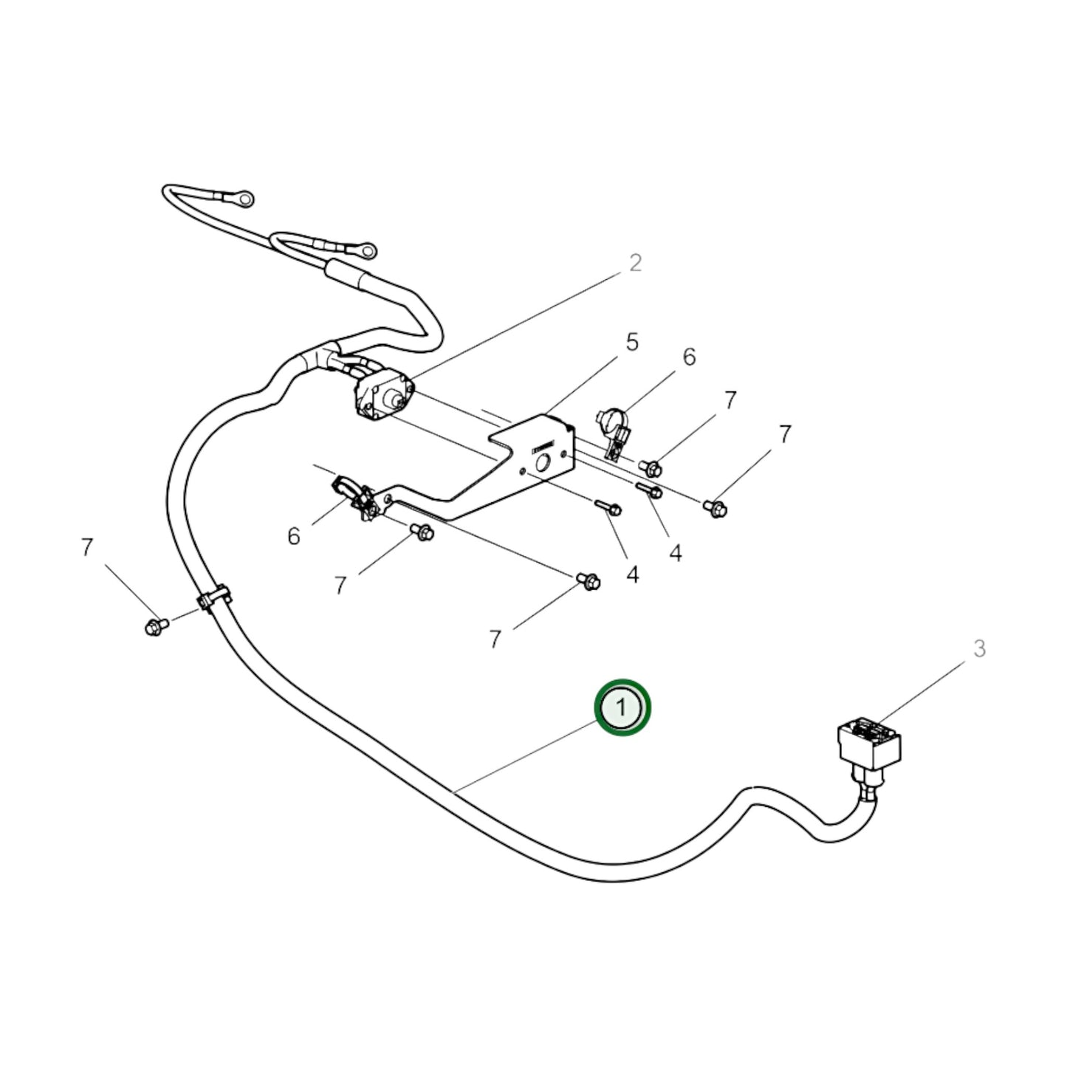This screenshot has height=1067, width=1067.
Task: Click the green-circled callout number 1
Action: click(x=622, y=707)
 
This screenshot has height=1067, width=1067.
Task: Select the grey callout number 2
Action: click(x=635, y=263)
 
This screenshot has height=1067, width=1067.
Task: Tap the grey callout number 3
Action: click(x=978, y=649)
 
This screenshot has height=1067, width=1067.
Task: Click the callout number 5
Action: click(x=631, y=343)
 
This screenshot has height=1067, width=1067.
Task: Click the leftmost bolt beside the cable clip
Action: click(x=155, y=627)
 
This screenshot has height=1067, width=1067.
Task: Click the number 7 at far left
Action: click(x=87, y=548)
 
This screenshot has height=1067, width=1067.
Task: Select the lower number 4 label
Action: click(x=632, y=574)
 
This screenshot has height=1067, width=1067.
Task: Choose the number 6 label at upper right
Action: click(x=689, y=357)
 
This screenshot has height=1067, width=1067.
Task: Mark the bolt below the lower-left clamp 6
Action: click(x=422, y=531)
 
